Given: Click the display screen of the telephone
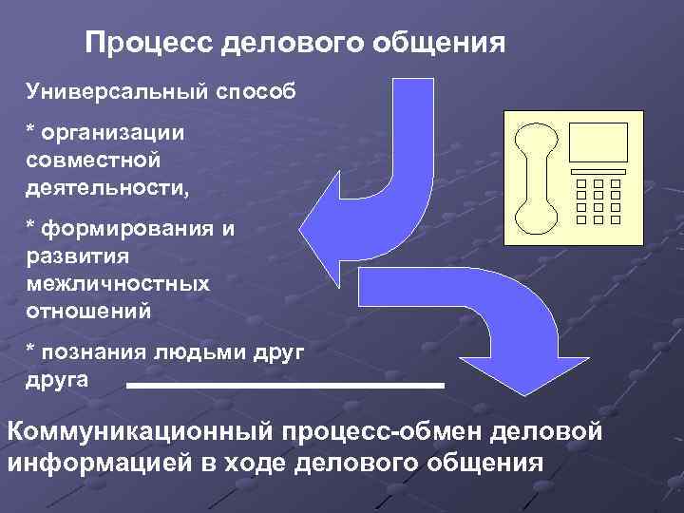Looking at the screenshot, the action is point(598,142).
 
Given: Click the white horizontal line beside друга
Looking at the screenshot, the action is point(285,386).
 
